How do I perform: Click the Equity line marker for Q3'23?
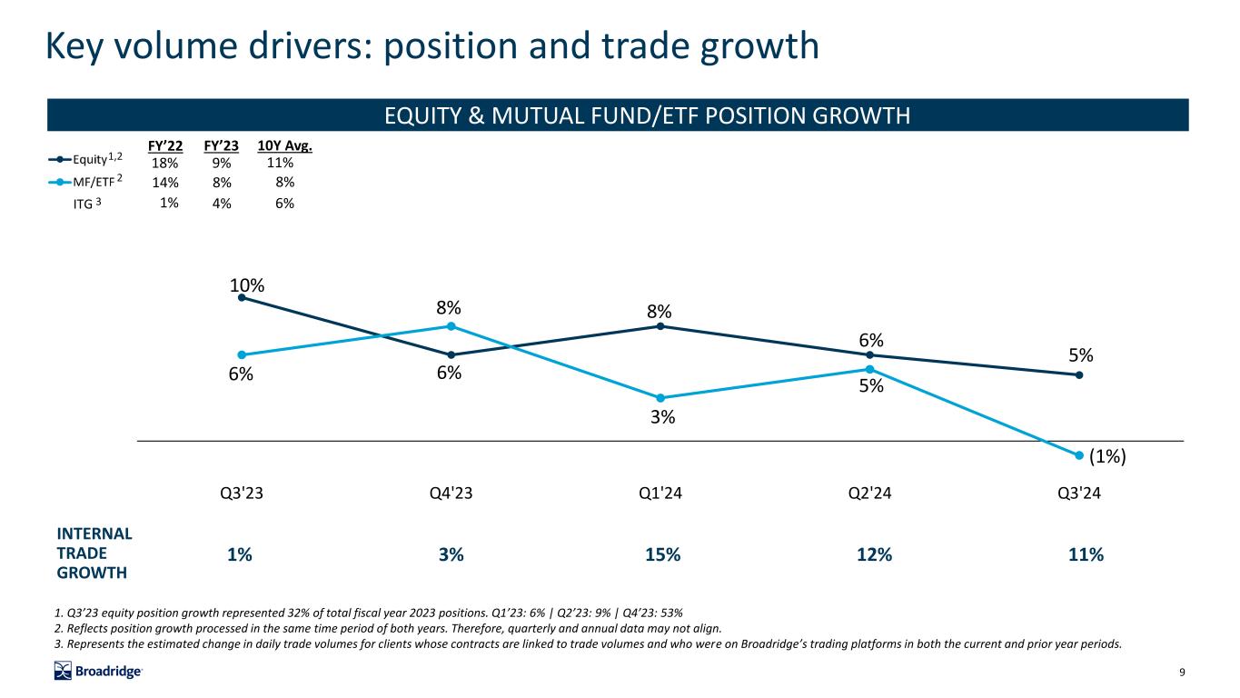point(242,297)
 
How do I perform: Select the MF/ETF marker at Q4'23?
point(451,326)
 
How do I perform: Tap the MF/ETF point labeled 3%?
point(660,398)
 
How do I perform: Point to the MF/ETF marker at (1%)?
point(1079,455)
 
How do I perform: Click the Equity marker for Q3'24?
point(1079,374)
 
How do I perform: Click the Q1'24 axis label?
point(660,494)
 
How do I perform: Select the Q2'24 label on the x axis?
point(869,494)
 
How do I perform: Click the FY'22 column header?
point(164,145)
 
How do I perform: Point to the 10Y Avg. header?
point(284,145)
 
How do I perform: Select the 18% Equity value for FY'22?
point(166,164)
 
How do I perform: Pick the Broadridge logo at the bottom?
point(98,672)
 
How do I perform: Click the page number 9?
point(1182,673)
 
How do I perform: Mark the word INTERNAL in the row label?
point(94,533)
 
